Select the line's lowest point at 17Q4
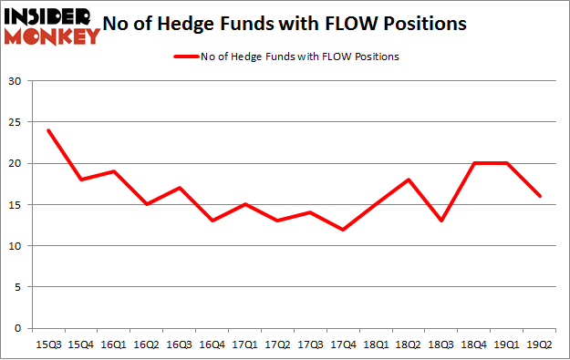point(343,230)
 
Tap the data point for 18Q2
point(409,180)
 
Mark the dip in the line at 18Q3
point(441,221)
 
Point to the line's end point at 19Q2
point(540,196)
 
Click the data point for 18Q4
point(474,163)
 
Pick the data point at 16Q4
point(212,221)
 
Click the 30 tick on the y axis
point(15,81)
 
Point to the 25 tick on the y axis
point(15,122)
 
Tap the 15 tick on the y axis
point(15,204)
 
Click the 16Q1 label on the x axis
point(113,345)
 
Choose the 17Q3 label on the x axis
point(310,345)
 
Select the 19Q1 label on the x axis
point(507,345)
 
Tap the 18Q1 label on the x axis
point(376,345)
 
